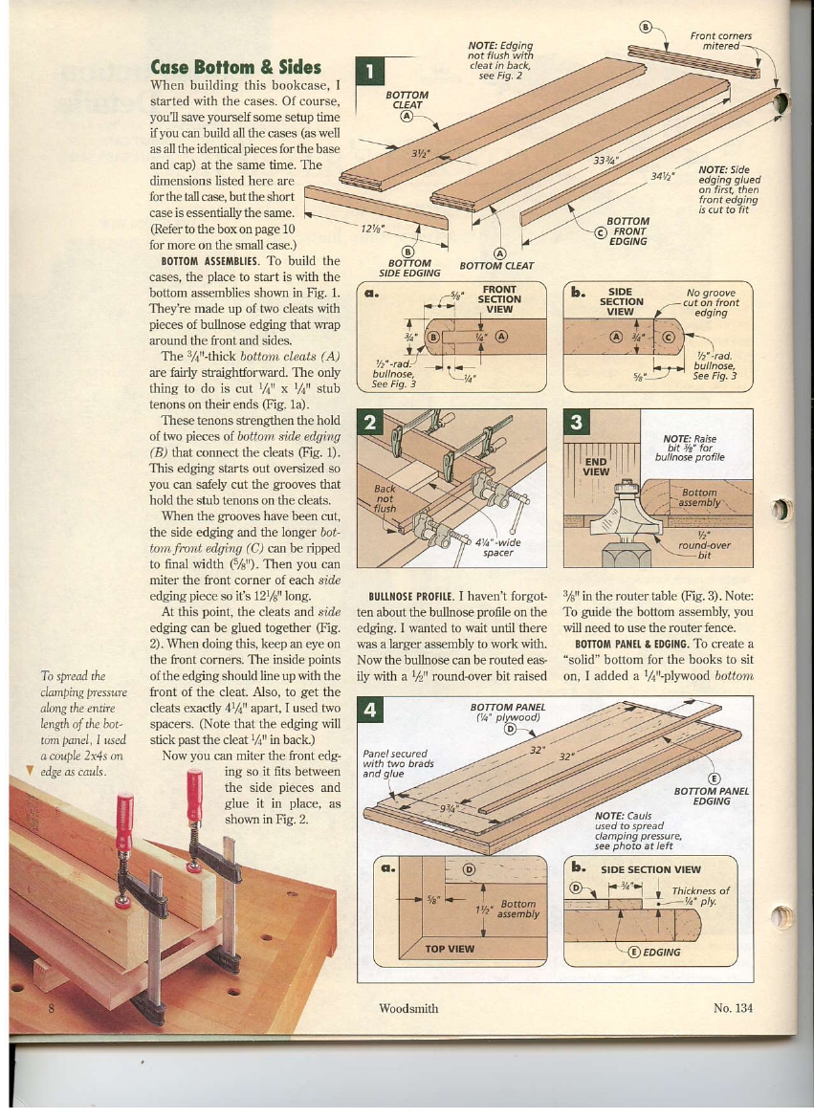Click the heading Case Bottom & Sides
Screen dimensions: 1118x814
(235, 66)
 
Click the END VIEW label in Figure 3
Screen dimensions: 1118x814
(596, 466)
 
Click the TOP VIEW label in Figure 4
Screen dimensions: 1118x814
(449, 949)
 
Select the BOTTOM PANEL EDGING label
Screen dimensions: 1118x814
(711, 796)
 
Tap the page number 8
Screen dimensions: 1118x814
(51, 1008)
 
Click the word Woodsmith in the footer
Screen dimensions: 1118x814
(408, 1008)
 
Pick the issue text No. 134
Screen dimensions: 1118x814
(733, 1008)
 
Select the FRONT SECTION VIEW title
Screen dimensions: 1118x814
(499, 298)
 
